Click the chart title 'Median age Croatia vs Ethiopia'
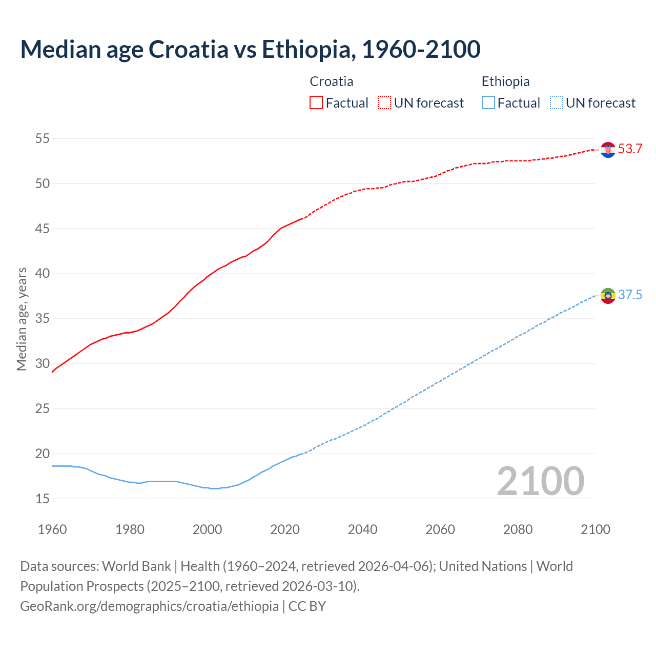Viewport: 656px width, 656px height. tap(250, 49)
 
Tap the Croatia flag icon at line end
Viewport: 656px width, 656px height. tap(608, 150)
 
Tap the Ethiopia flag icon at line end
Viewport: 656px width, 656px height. tap(608, 296)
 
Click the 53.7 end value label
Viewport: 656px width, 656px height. tap(630, 149)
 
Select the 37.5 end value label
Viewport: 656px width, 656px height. tap(630, 295)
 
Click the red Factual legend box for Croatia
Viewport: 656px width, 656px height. tap(316, 103)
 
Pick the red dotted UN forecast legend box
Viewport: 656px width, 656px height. tap(384, 103)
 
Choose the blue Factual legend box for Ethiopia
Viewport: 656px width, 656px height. tap(488, 103)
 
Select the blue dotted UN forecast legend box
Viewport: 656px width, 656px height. tap(556, 103)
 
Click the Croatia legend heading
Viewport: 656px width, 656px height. tap(331, 81)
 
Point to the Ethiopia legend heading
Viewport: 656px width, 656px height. tap(505, 81)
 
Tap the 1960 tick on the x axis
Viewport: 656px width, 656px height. tap(52, 529)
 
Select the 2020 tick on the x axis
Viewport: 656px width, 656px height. tap(284, 529)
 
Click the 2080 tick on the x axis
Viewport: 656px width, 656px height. tap(518, 529)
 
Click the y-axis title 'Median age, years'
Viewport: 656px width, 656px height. tap(22, 319)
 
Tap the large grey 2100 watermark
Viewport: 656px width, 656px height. tap(540, 481)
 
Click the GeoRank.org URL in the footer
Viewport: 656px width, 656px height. tap(149, 606)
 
